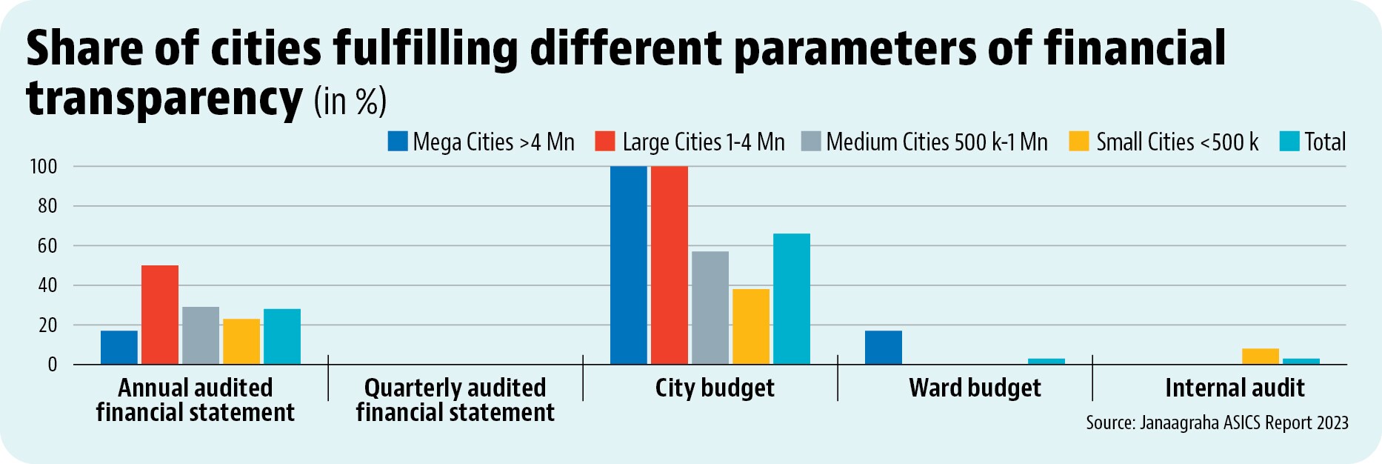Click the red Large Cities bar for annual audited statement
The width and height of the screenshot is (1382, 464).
coord(160,314)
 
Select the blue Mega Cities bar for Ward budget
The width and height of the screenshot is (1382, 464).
coord(884,347)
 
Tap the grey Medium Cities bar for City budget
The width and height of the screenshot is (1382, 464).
coord(710,308)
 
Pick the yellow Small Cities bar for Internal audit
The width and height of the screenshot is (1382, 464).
coord(1261,356)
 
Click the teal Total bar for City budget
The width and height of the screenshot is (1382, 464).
coord(792,299)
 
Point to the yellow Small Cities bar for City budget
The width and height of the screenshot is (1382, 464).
coord(751,326)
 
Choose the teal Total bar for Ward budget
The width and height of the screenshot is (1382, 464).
coord(1046,361)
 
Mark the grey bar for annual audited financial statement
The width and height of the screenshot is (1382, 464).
coord(201,335)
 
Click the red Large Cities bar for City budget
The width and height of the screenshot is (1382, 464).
coord(670,265)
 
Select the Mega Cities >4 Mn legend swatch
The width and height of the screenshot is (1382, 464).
coord(398,142)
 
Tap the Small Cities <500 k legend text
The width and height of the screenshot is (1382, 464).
coord(1178,142)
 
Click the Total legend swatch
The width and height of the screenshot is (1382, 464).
coord(1289,142)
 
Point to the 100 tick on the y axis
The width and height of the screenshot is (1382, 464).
coord(43,167)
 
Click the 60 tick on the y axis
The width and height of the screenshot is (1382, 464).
coord(47,246)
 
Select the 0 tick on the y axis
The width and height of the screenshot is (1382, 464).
coord(53,365)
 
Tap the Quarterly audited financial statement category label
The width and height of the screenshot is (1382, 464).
coord(455,400)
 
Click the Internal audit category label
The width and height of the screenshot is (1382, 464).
coord(1235,388)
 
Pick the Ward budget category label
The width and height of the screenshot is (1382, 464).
coord(975,388)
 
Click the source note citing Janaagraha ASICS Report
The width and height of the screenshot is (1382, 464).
coord(1218,422)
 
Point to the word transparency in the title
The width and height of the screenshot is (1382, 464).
coord(164,99)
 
